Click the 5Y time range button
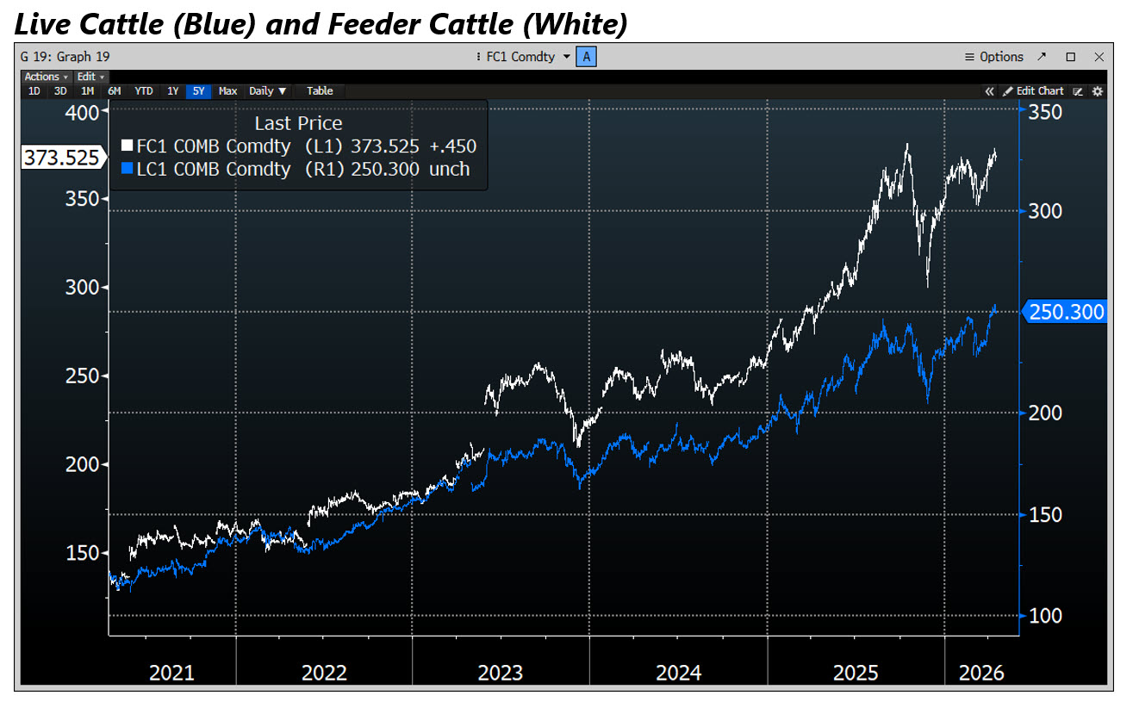pos(199,90)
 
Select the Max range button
pos(227,90)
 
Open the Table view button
pos(320,90)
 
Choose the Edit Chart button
pos(1034,90)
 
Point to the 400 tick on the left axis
pos(83,112)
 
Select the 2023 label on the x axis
pos(500,673)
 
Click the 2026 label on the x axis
pos(980,673)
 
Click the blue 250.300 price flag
pos(1066,312)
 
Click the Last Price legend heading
pos(298,123)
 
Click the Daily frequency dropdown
pos(267,90)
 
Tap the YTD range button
pos(144,90)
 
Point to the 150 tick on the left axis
pos(83,553)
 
